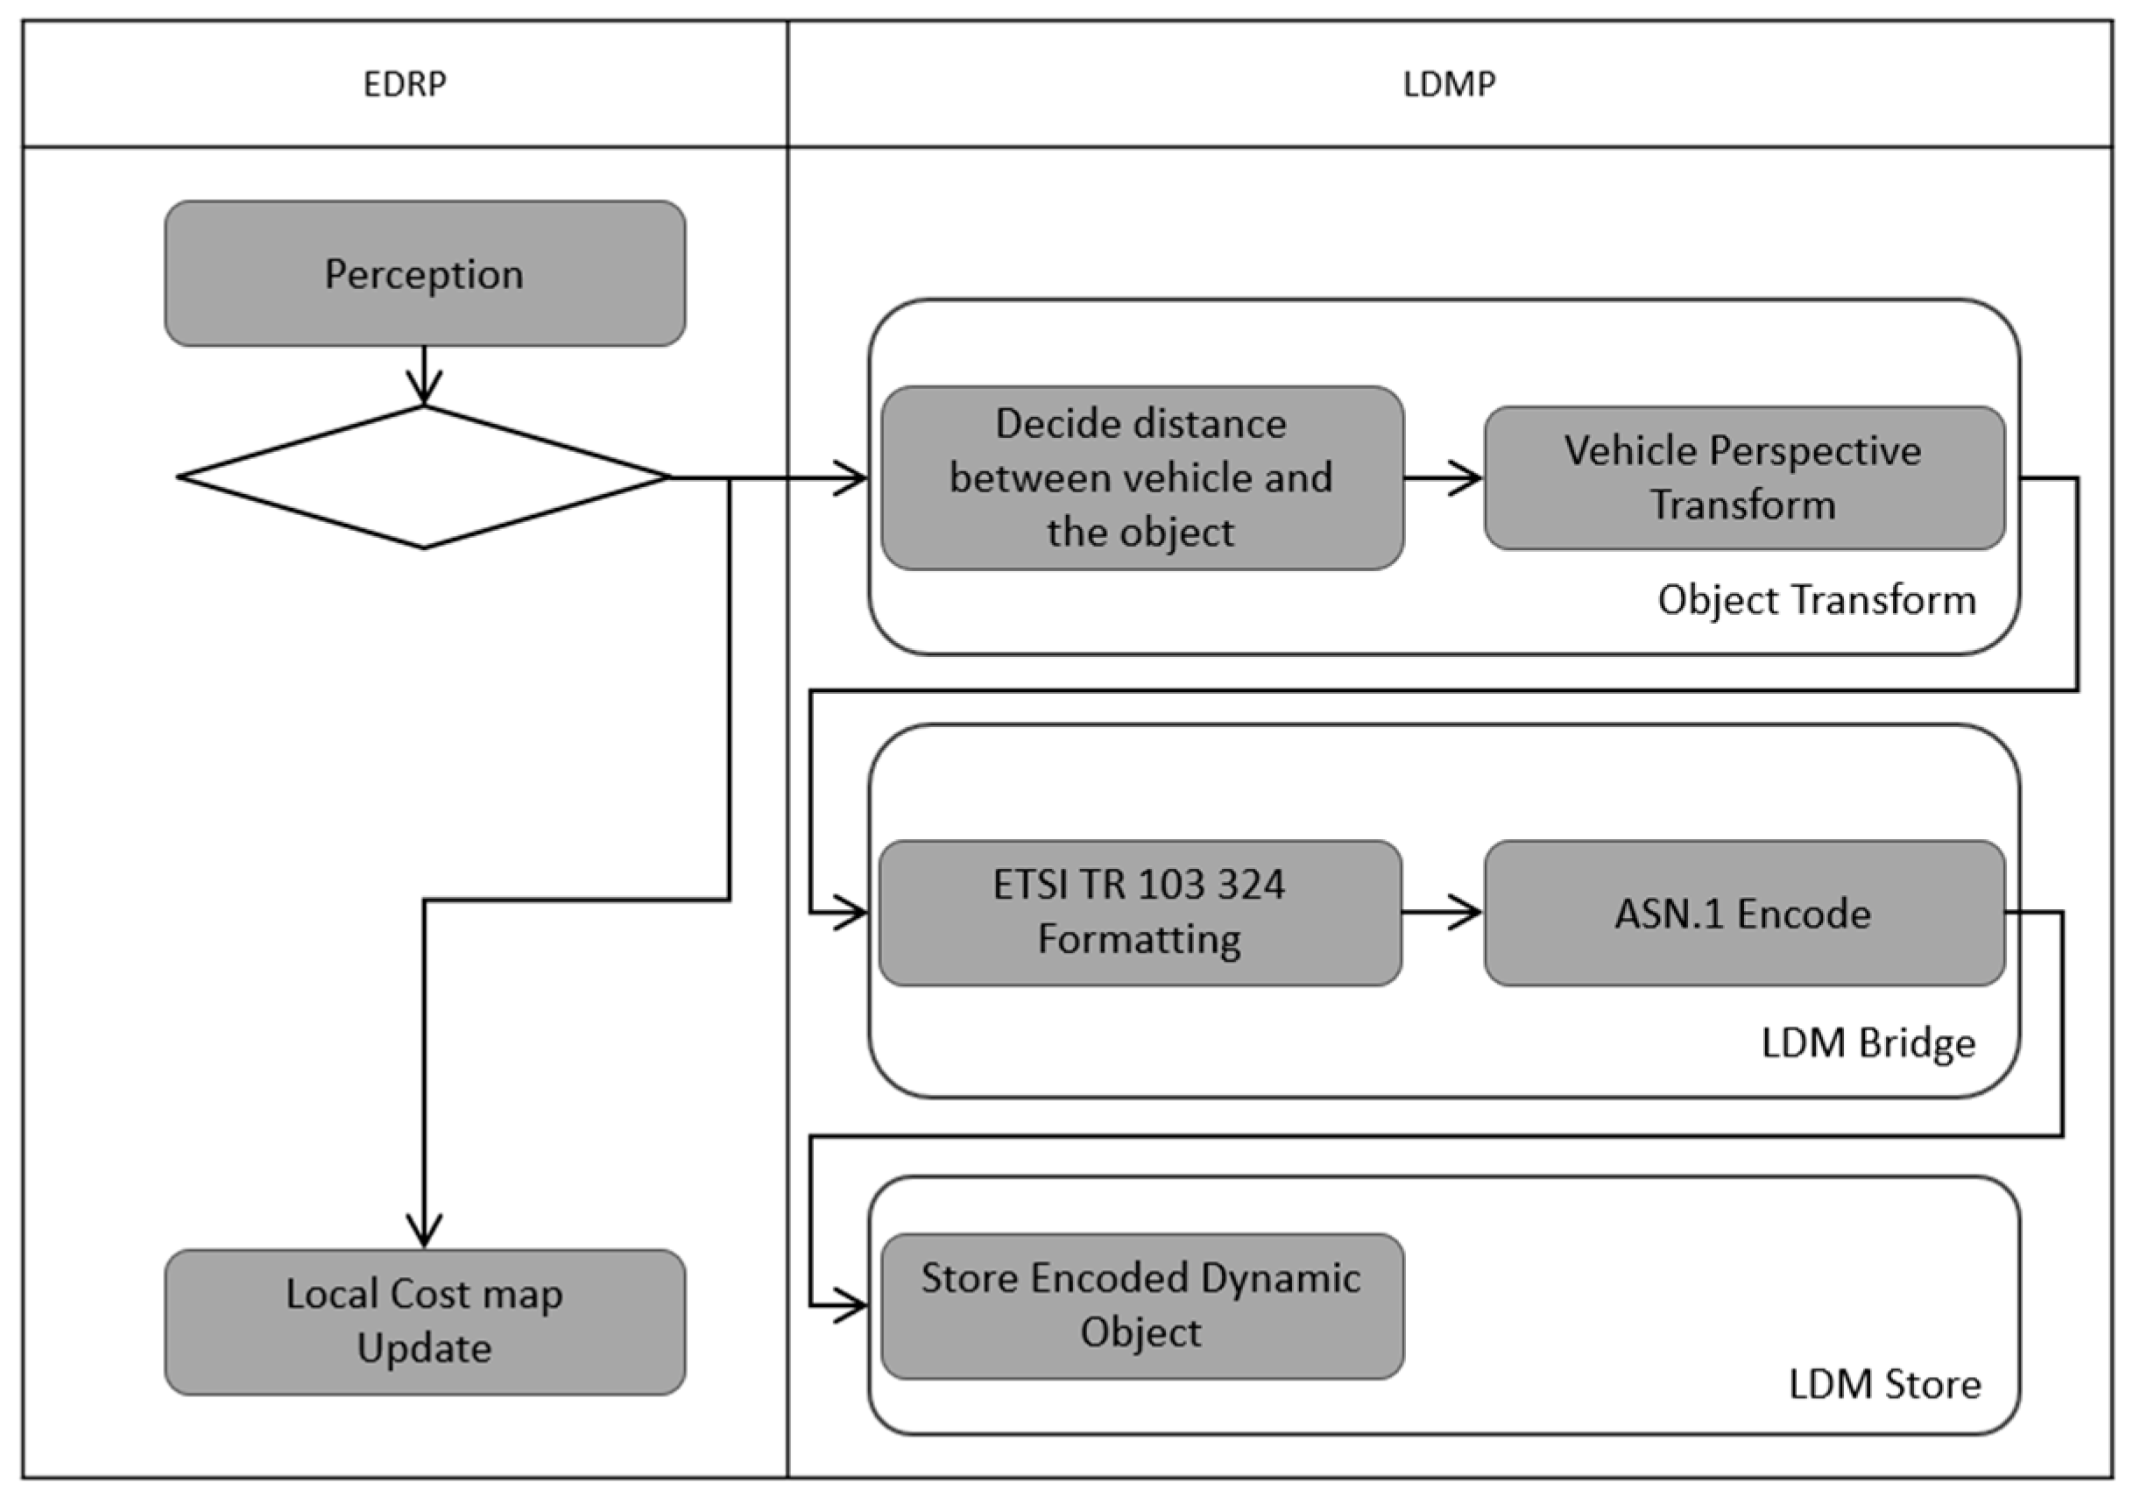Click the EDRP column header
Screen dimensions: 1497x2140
pos(405,84)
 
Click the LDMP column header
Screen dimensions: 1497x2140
pos(1450,84)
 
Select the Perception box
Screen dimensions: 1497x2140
pos(425,274)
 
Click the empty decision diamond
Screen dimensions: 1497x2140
pos(424,477)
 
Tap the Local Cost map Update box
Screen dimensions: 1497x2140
pos(425,1322)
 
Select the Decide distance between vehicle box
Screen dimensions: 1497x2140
pos(1141,478)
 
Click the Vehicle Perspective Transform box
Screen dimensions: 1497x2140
pos(1743,478)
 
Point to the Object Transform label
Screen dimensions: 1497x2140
pos(1816,599)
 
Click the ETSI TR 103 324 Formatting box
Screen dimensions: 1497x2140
pos(1140,913)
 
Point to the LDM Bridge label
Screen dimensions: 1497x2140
pos(1868,1042)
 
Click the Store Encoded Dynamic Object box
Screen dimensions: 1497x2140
pos(1141,1305)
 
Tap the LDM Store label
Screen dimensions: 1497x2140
pos(1884,1384)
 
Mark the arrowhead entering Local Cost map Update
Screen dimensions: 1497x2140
pos(425,1232)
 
